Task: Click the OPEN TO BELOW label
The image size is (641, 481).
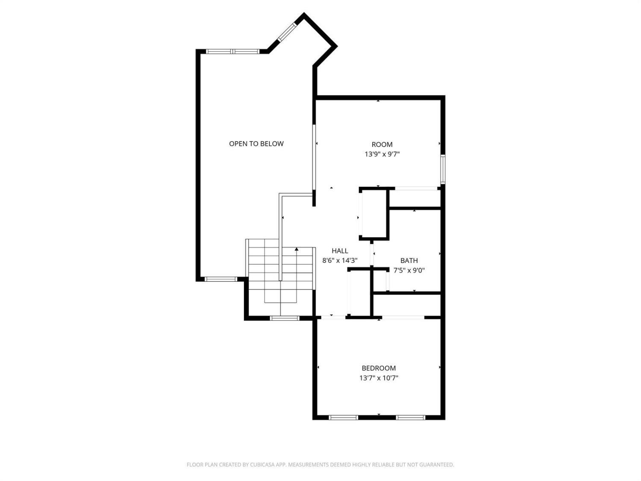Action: click(x=256, y=144)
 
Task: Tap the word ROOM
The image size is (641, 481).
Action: click(x=382, y=145)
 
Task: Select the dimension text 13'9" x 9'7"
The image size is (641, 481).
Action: click(x=382, y=154)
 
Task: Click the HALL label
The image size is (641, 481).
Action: click(x=340, y=251)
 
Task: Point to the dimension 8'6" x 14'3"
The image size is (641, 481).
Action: click(x=340, y=260)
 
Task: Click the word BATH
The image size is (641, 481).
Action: click(x=409, y=260)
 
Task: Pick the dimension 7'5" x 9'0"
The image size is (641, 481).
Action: click(x=409, y=270)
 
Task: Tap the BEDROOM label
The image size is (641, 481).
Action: click(x=379, y=368)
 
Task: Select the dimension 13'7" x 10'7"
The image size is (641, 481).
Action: click(x=379, y=378)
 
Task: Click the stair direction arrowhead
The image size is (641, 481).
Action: click(x=297, y=249)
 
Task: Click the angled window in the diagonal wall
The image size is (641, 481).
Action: click(x=287, y=32)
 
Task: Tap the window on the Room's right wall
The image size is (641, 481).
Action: click(x=443, y=169)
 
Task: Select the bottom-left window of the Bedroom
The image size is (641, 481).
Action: click(x=343, y=417)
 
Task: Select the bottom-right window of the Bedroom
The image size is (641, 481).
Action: click(x=410, y=417)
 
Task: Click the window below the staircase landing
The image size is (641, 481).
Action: click(x=285, y=318)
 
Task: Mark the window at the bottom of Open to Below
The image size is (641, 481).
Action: click(x=221, y=279)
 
